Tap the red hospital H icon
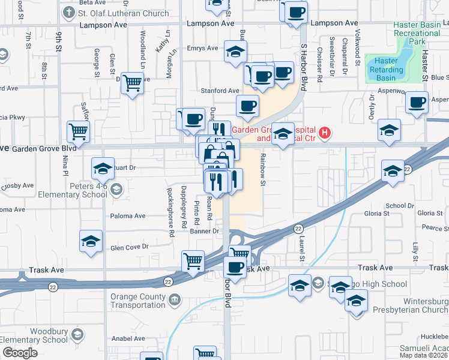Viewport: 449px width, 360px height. (325, 133)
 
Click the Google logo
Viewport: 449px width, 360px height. (20, 353)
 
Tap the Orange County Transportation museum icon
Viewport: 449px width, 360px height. (174, 298)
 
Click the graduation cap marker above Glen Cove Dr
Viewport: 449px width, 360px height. (91, 242)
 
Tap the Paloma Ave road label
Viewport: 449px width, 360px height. (127, 216)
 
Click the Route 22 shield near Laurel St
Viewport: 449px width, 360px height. (298, 229)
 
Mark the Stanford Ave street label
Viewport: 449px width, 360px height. (221, 91)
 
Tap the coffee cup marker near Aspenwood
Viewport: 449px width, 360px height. (417, 103)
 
